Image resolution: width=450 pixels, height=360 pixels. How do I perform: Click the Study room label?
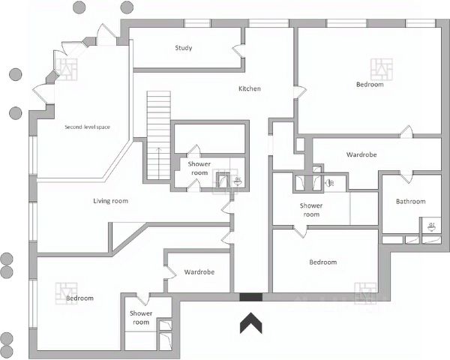tap(184, 48)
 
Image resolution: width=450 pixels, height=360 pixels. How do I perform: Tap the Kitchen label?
tap(250, 89)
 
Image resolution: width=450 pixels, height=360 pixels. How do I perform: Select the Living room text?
tap(110, 201)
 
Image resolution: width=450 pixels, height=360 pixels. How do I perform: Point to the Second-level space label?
tap(87, 127)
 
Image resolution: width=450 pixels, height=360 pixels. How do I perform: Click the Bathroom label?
tap(410, 202)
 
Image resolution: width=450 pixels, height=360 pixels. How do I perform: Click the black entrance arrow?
tap(250, 323)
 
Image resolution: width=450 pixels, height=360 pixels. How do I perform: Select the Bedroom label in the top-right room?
tap(370, 85)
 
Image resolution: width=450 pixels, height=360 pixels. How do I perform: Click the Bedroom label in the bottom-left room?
tap(79, 298)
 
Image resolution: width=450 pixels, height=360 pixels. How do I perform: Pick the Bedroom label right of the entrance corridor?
tap(323, 262)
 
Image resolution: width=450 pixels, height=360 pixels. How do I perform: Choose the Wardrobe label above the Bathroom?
tap(361, 155)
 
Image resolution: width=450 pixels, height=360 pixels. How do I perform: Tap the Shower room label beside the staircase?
tap(199, 168)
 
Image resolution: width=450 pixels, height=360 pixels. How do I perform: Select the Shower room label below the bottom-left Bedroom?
tap(141, 317)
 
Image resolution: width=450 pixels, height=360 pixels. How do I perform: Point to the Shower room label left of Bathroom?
tap(310, 210)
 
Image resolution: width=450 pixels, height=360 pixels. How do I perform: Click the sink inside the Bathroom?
tap(431, 225)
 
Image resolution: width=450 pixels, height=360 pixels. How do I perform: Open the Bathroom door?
tap(406, 177)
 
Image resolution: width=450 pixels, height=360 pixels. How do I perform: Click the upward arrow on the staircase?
tap(158, 160)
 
